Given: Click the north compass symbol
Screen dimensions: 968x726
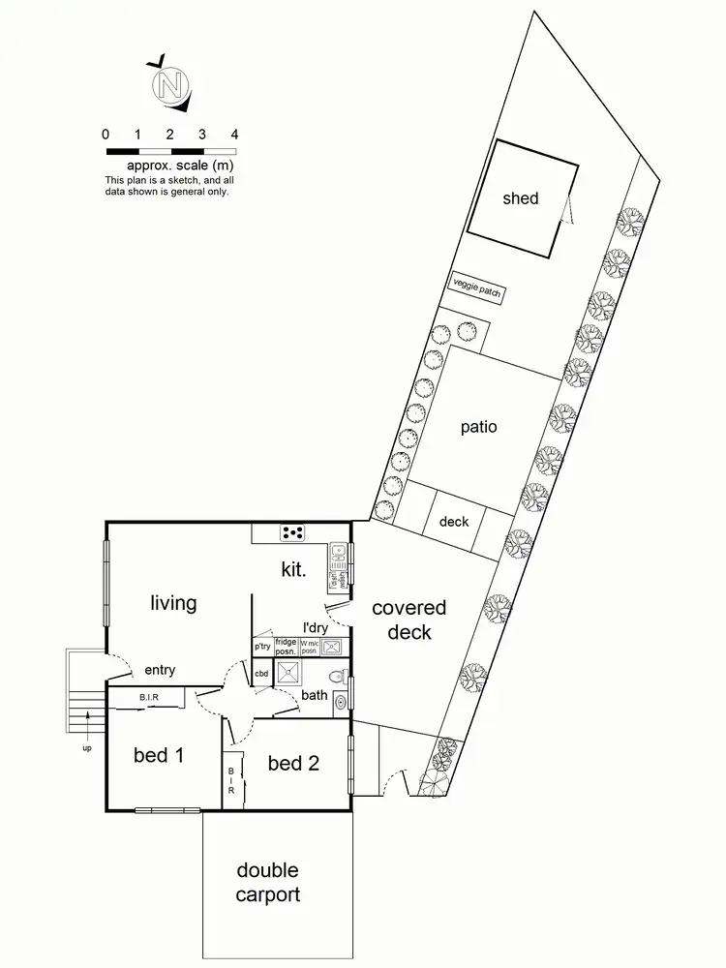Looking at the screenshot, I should pyautogui.click(x=169, y=84).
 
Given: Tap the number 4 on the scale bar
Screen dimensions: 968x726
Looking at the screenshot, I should pyautogui.click(x=234, y=135).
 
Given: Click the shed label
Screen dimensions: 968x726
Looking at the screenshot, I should pyautogui.click(x=520, y=198).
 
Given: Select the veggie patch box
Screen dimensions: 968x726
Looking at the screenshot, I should pyautogui.click(x=478, y=289).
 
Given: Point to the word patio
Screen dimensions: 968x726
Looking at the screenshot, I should pyautogui.click(x=478, y=426).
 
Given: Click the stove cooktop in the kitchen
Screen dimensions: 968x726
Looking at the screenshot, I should pyautogui.click(x=292, y=531).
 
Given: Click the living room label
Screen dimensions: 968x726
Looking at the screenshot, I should pyautogui.click(x=173, y=603).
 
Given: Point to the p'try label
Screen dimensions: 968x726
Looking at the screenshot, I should pyautogui.click(x=261, y=646).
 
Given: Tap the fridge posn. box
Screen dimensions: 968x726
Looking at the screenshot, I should pyautogui.click(x=286, y=646).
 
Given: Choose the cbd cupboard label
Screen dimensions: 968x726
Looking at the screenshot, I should pyautogui.click(x=261, y=673).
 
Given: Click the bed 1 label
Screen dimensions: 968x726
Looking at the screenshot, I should pyautogui.click(x=159, y=755).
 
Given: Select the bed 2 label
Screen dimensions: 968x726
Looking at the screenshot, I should pyautogui.click(x=293, y=763).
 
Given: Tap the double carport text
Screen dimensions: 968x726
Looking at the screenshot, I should pyautogui.click(x=267, y=882).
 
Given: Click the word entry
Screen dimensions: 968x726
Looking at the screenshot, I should pyautogui.click(x=160, y=670).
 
